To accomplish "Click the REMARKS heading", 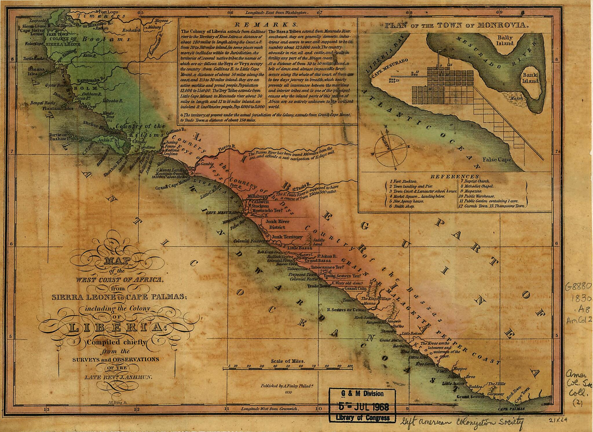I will pyautogui.click(x=266, y=25).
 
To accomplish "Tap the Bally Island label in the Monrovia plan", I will pyautogui.click(x=505, y=40).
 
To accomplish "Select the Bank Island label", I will pyautogui.click(x=530, y=78).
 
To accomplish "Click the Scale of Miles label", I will pyautogui.click(x=288, y=361).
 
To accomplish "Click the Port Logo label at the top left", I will pyautogui.click(x=109, y=12).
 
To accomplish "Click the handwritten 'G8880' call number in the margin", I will pyautogui.click(x=578, y=287).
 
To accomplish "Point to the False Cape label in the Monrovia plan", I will pyautogui.click(x=496, y=159).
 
